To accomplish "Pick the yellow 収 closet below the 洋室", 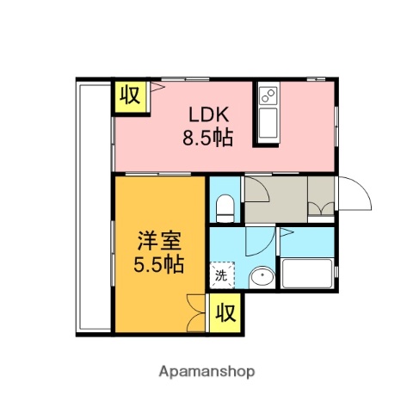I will tap(225, 307).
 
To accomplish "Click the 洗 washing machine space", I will tap(222, 275).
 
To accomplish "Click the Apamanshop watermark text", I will tap(206, 372).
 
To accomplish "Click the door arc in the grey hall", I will tap(256, 189).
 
